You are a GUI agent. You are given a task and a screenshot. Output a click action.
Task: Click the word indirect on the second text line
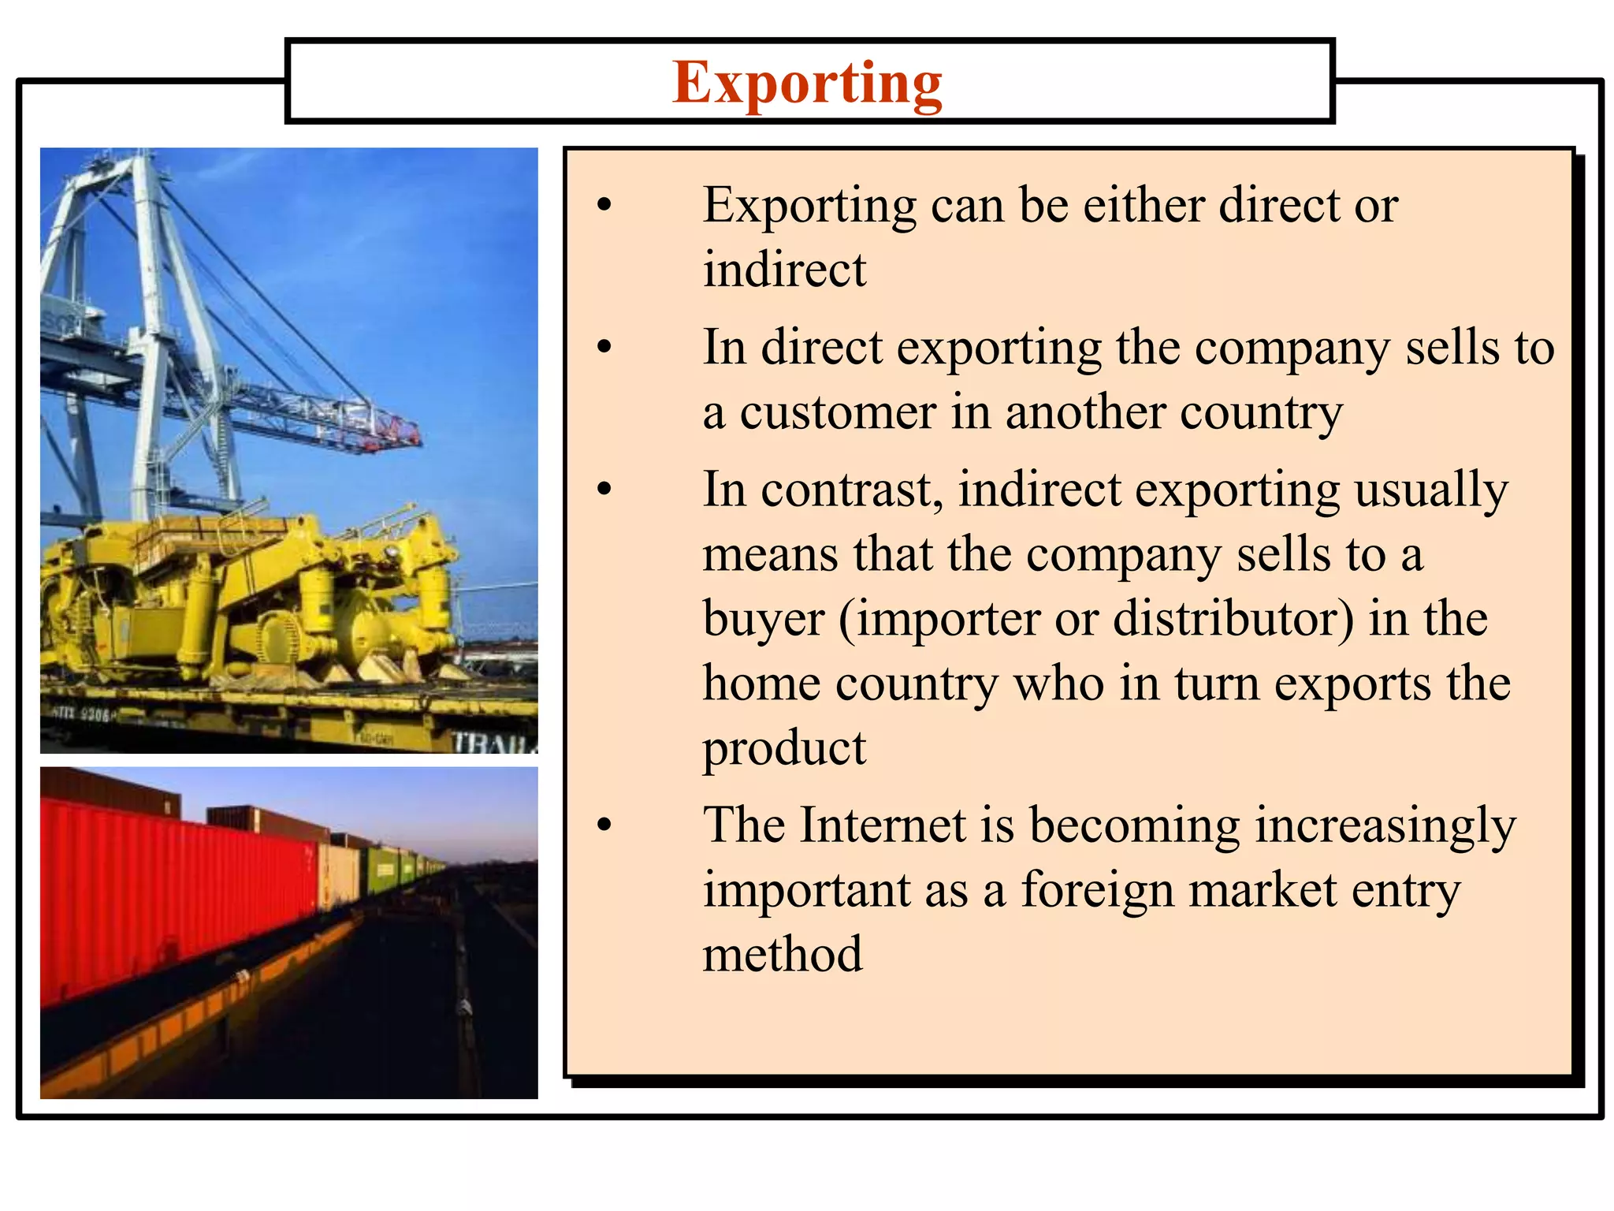(x=784, y=270)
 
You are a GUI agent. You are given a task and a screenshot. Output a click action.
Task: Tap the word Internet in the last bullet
(x=883, y=825)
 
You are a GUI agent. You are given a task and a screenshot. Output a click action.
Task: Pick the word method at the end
(x=783, y=955)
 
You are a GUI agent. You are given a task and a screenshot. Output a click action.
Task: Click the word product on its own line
(x=784, y=748)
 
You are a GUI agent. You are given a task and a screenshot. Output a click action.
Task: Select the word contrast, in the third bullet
(x=852, y=490)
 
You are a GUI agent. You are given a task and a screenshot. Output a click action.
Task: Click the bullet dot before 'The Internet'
(x=604, y=825)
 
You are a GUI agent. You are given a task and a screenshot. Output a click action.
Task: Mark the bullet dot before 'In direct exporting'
(x=604, y=347)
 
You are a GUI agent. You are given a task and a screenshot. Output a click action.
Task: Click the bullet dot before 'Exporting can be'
(x=604, y=205)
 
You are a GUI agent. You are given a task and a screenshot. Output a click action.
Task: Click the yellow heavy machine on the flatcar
(x=236, y=599)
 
